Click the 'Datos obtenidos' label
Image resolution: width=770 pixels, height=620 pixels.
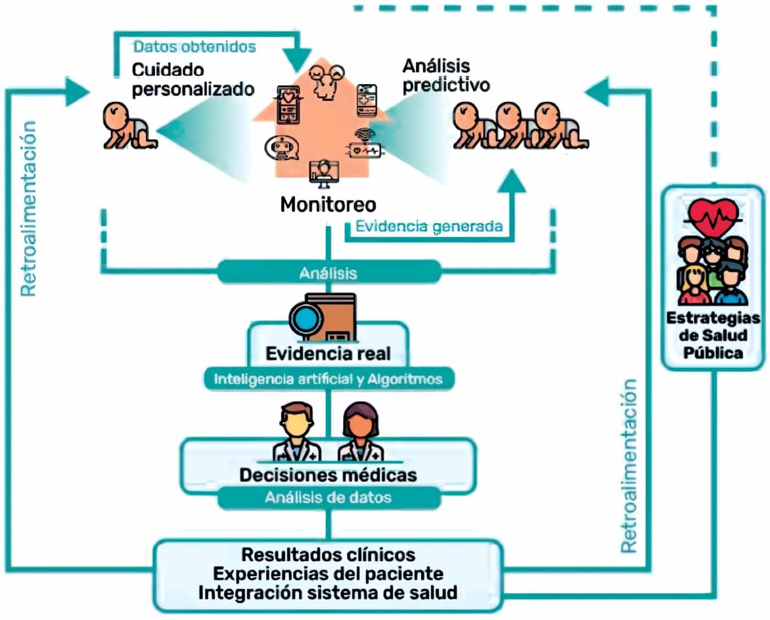[x=194, y=47]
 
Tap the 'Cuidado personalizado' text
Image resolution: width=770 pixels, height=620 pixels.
[x=193, y=80]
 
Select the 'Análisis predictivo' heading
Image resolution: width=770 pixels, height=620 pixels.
[x=446, y=75]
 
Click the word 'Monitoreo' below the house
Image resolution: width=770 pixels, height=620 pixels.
[x=328, y=204]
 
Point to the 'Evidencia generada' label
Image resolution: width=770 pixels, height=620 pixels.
[x=428, y=226]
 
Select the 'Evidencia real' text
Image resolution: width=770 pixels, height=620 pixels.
[x=328, y=353]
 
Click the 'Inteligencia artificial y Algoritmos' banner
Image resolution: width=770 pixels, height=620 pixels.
[x=328, y=379]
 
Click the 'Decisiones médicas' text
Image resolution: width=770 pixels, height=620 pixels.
[x=328, y=475]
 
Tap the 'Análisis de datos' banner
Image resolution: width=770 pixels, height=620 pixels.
[x=328, y=497]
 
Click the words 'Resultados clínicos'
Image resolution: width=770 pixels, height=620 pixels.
[x=328, y=555]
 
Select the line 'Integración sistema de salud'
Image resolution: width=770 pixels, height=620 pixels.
[x=328, y=593]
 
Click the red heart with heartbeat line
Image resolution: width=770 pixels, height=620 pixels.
[x=713, y=217]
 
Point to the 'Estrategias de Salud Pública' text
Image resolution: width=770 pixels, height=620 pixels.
[x=713, y=335]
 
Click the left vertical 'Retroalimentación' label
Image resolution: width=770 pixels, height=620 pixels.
[x=29, y=209]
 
